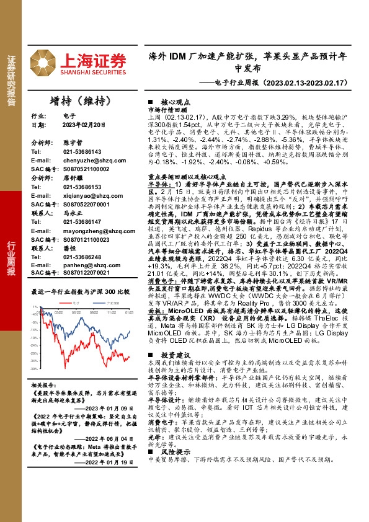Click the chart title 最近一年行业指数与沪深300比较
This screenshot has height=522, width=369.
[x=80, y=291]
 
